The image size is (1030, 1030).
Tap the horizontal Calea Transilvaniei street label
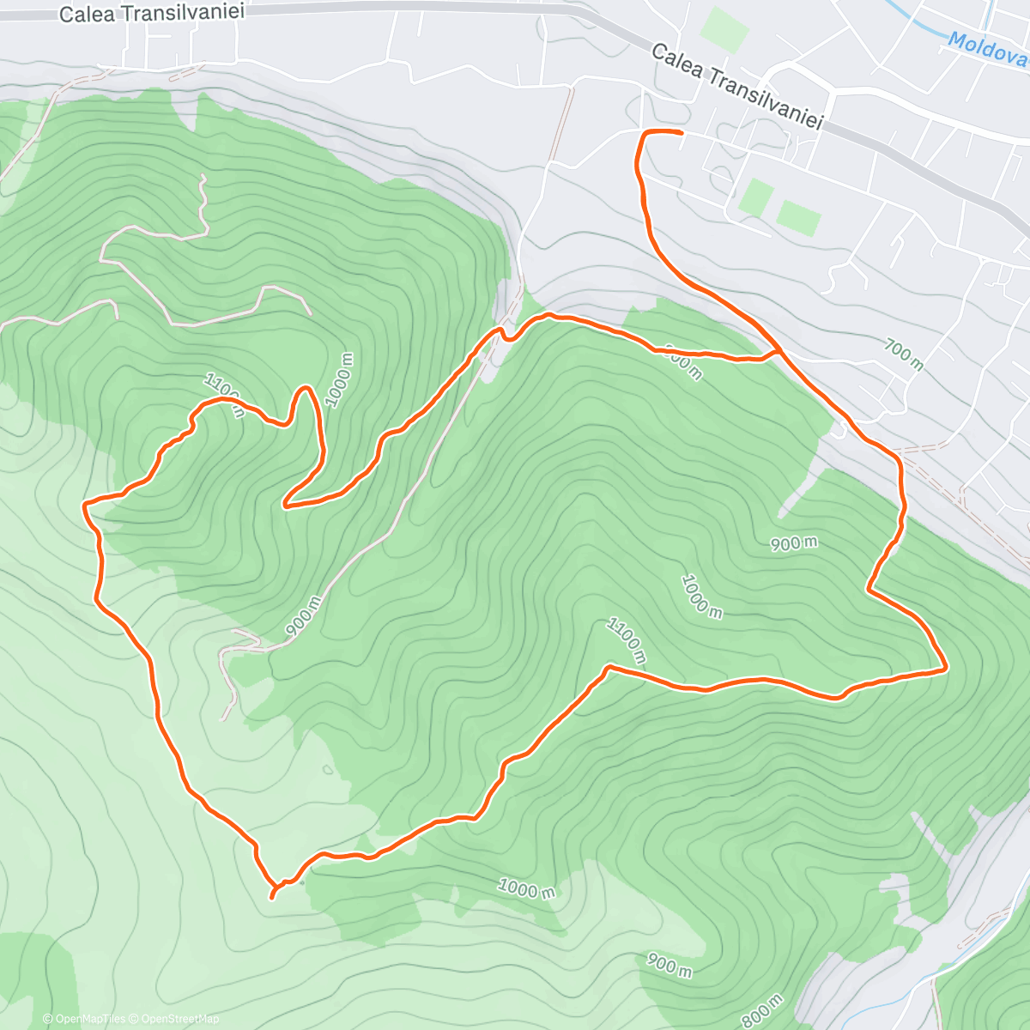[x=152, y=12]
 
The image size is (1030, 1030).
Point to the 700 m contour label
[x=904, y=354]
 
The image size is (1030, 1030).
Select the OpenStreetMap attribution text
[x=175, y=1019]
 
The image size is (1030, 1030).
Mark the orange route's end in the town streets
[x=681, y=133]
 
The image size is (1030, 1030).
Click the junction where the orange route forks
[x=778, y=351]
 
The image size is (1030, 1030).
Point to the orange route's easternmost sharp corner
[x=946, y=667]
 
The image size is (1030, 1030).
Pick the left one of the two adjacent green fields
[x=755, y=197]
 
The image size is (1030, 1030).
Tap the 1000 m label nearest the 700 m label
[x=701, y=596]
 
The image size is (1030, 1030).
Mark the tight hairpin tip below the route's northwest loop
[x=286, y=505]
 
